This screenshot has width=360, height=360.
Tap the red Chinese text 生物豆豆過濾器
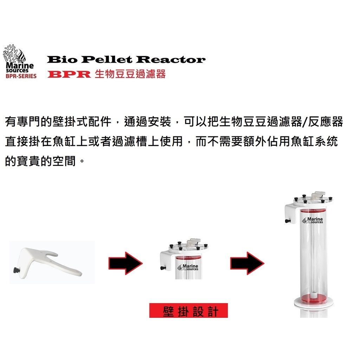click(130, 75)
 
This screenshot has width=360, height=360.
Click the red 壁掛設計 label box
click(188, 311)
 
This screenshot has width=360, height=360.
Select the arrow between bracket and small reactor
click(126, 263)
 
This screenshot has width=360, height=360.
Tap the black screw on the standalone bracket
click(16, 270)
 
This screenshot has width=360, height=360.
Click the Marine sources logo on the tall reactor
click(312, 221)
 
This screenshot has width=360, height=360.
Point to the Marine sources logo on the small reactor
click(188, 267)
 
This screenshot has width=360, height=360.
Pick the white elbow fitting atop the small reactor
click(193, 242)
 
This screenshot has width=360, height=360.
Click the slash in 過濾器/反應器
click(304, 123)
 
